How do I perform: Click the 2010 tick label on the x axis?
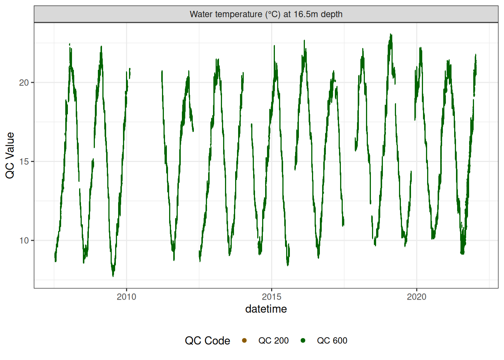point(126,297)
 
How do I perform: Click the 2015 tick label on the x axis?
point(271,297)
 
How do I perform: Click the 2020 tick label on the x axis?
point(417,297)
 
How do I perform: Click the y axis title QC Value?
point(10,155)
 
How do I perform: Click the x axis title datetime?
point(266,309)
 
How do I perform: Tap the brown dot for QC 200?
point(244,340)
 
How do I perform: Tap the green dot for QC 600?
point(303,340)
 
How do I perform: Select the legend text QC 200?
point(273,340)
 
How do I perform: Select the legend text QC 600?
point(332,340)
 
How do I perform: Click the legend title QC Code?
point(207,340)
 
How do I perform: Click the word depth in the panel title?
point(332,14)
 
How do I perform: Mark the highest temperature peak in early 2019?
point(391,34)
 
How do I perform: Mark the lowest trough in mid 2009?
point(113,276)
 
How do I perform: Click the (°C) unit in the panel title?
point(273,14)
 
